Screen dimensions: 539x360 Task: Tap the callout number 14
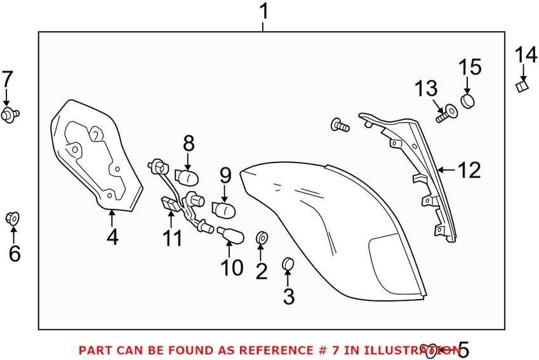tap(526, 55)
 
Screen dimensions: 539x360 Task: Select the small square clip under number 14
tap(522, 86)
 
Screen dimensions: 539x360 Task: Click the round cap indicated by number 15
tap(467, 101)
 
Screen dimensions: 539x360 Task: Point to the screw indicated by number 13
tap(446, 114)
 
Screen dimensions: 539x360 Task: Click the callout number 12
tap(469, 170)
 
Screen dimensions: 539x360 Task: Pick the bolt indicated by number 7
tap(10, 114)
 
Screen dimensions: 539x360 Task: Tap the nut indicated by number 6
tap(12, 218)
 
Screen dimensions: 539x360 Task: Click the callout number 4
tap(112, 237)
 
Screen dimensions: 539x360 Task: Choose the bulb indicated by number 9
tap(223, 210)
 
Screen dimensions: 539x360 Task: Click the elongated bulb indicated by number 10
tap(230, 234)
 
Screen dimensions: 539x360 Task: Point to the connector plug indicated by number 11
tap(170, 204)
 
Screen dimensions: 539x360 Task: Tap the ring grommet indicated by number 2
tap(262, 237)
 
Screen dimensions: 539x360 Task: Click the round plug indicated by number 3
tap(288, 263)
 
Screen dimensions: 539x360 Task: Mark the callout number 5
tap(463, 350)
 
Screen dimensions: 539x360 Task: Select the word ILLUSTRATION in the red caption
tap(412, 350)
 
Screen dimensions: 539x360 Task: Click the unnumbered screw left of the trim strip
tap(340, 125)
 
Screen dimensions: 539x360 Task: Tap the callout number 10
tap(232, 267)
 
